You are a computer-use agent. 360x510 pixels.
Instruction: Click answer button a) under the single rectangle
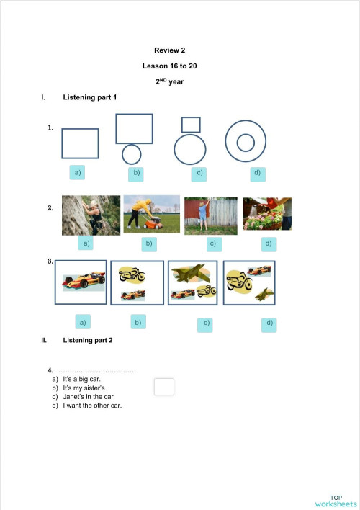[77, 172]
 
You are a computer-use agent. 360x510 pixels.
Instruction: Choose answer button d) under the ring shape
[256, 173]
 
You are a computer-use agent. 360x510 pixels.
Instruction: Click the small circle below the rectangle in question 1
[131, 154]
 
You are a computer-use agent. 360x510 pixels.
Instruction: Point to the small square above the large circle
[191, 124]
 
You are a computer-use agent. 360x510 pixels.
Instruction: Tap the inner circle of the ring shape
[246, 142]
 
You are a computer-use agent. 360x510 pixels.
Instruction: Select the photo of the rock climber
[91, 215]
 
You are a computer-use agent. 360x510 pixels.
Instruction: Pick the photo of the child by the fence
[210, 215]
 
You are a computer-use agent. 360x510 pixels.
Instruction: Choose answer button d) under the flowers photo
[267, 243]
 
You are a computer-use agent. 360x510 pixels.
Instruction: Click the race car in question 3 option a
[80, 282]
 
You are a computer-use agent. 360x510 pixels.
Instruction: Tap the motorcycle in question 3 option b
[132, 274]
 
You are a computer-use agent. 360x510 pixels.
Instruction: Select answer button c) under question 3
[207, 323]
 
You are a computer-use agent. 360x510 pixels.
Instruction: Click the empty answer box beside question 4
[164, 387]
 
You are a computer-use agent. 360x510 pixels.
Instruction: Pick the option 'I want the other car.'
[92, 405]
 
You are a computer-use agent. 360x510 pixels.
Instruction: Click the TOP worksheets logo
[336, 501]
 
